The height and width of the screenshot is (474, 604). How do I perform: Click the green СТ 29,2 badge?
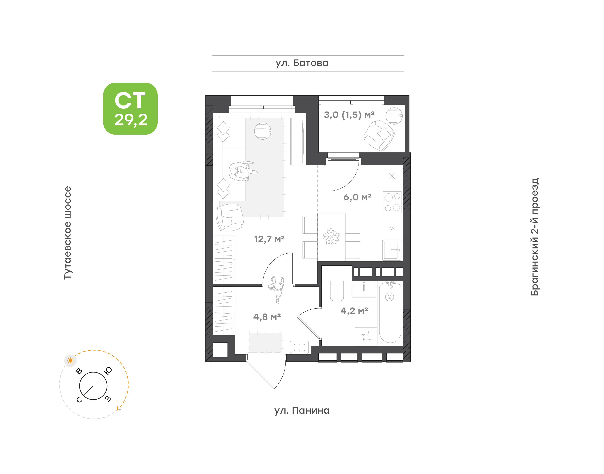pyautogui.click(x=130, y=109)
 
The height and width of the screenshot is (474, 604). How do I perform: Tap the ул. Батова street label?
pyautogui.click(x=302, y=63)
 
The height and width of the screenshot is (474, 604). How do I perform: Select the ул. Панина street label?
pyautogui.click(x=302, y=410)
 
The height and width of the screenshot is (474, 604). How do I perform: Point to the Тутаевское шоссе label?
pyautogui.click(x=68, y=232)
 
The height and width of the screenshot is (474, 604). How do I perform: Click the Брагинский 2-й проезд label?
pyautogui.click(x=535, y=237)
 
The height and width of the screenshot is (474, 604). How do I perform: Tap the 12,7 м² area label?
pyautogui.click(x=269, y=239)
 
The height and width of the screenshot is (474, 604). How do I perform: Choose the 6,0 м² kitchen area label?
pyautogui.click(x=357, y=197)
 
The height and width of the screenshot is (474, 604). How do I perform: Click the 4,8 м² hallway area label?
pyautogui.click(x=267, y=317)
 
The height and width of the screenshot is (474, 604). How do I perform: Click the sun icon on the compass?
pyautogui.click(x=70, y=361)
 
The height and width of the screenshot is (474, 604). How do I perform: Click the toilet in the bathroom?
pyautogui.click(x=337, y=291)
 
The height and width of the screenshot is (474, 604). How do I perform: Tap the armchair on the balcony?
pyautogui.click(x=379, y=135)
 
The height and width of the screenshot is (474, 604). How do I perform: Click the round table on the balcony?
pyautogui.click(x=394, y=116)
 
